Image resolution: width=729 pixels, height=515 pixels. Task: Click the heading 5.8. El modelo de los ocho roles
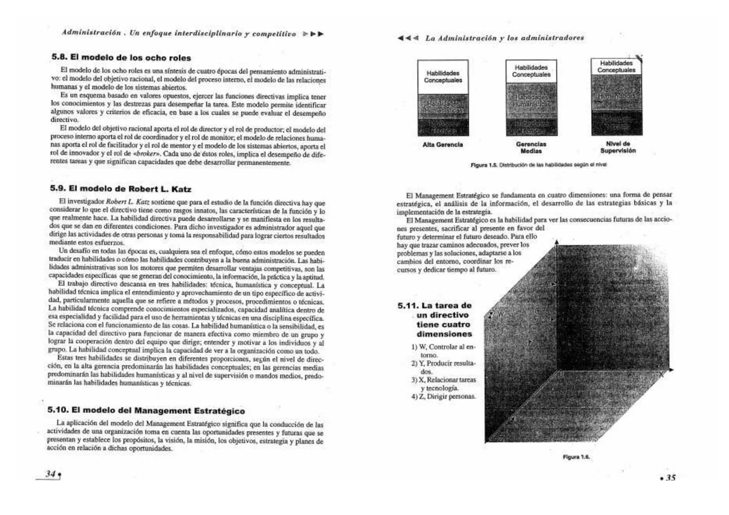pos(121,58)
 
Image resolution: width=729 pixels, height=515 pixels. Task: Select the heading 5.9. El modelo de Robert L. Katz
pos(121,189)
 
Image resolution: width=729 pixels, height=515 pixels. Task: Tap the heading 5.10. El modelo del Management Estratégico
pos(146,411)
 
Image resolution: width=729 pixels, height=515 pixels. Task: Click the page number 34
pos(50,474)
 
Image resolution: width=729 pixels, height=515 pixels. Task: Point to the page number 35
pos(670,477)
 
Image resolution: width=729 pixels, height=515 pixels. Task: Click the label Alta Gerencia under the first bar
pos(442,144)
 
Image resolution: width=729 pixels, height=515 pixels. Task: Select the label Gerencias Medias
pos(531,147)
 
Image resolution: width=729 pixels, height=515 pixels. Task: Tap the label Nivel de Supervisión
pos(618,147)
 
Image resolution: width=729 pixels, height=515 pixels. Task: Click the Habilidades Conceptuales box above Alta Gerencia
pos(443,77)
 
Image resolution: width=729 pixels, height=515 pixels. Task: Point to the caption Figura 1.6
pos(576,457)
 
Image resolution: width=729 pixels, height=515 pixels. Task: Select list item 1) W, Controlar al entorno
pos(443,350)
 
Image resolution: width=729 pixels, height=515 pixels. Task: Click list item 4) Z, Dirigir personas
pos(443,397)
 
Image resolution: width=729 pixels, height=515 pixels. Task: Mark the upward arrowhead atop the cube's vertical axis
pos(556,243)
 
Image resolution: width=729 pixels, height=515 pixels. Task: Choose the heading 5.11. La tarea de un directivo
pos(435,319)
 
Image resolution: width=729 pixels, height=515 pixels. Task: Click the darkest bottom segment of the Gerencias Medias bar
pos(531,126)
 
